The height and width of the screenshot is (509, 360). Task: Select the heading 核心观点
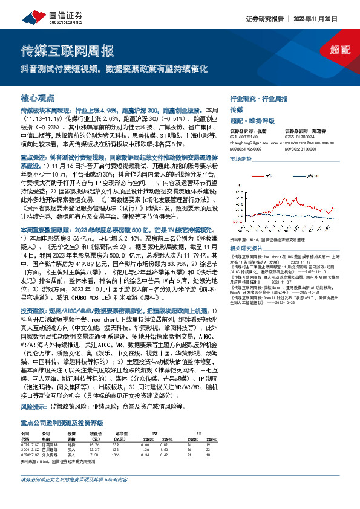(x=38, y=97)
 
